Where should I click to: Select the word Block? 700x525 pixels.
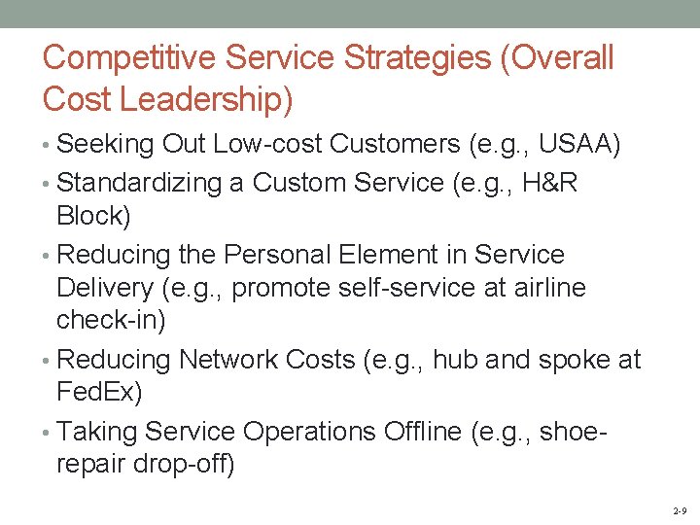click(x=93, y=216)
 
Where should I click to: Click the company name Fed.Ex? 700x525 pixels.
click(x=99, y=394)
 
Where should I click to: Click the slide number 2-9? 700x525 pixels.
click(x=680, y=510)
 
